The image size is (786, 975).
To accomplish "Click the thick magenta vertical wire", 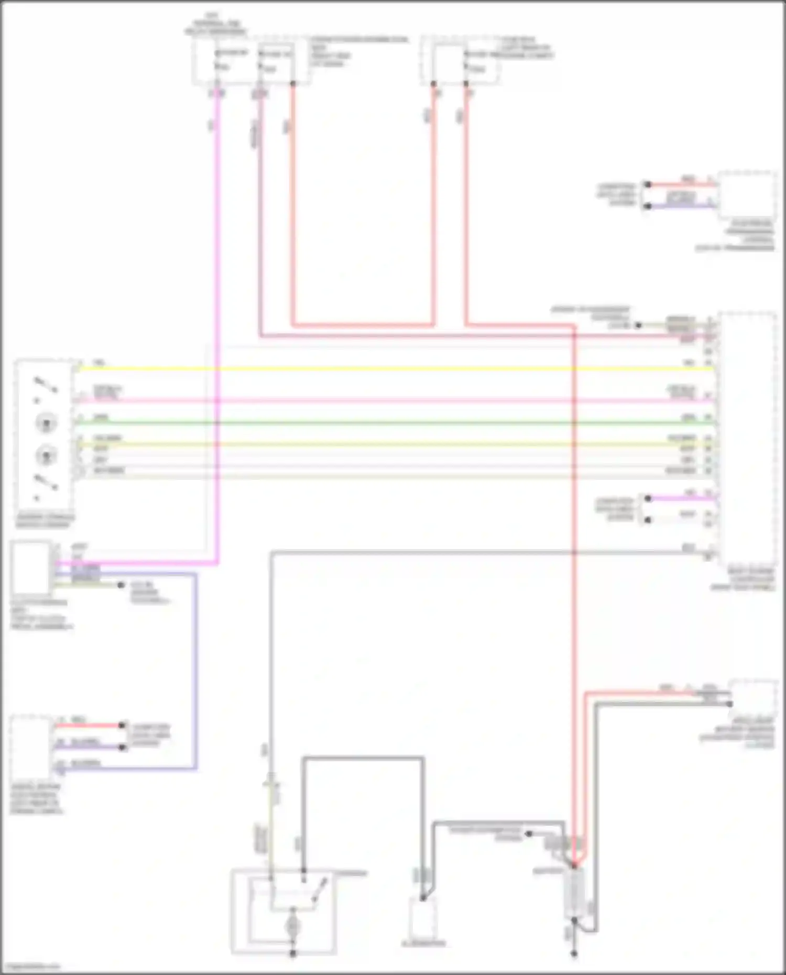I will click(x=217, y=314).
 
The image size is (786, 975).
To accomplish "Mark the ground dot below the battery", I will click(x=574, y=954).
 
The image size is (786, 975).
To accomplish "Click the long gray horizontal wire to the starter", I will click(x=472, y=552).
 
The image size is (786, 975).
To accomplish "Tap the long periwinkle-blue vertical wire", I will click(x=196, y=671).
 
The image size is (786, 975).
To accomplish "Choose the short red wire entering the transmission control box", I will click(x=681, y=184).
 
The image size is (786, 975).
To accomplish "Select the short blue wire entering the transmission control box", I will click(x=681, y=206).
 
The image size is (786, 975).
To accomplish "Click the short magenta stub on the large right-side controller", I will click(x=681, y=498).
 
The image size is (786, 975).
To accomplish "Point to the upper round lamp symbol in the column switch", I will click(x=46, y=423).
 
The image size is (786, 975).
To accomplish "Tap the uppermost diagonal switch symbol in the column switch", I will click(x=46, y=385).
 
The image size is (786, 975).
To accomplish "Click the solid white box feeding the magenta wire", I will click(x=31, y=568).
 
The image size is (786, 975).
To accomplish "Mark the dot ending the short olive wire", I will click(x=121, y=585).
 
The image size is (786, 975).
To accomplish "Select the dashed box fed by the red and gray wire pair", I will click(x=754, y=699).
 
